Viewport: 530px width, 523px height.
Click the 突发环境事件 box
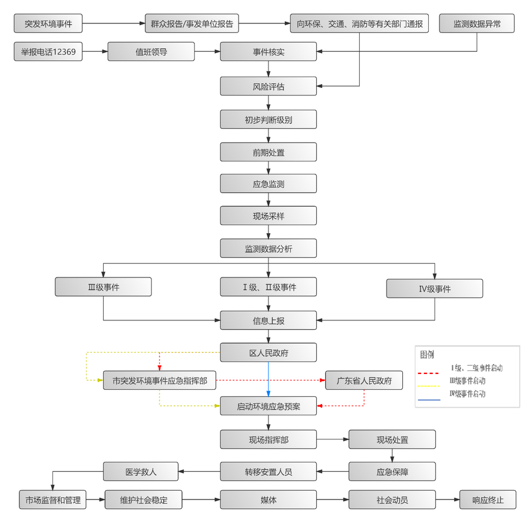point(48,24)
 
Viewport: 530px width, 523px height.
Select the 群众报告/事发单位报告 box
point(192,24)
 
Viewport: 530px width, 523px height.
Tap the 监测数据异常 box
point(477,24)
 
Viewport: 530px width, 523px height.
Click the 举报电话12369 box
point(48,52)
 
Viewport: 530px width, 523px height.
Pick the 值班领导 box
point(151,52)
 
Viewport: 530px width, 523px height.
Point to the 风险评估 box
point(269,87)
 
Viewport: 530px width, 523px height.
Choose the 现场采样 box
point(269,216)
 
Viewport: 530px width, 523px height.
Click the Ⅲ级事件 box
point(103,287)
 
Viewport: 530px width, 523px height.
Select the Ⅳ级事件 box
point(435,289)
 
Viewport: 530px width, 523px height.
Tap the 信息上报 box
point(269,321)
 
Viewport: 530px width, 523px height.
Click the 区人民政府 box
point(269,353)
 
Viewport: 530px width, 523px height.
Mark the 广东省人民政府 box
point(365,381)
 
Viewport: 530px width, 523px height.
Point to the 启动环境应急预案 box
point(269,406)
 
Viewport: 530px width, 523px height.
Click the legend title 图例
point(427,355)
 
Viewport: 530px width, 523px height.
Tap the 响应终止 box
point(488,500)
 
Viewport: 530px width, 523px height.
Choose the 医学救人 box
point(141,472)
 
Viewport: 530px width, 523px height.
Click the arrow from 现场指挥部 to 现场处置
point(332,439)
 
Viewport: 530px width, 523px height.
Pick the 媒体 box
point(269,500)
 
